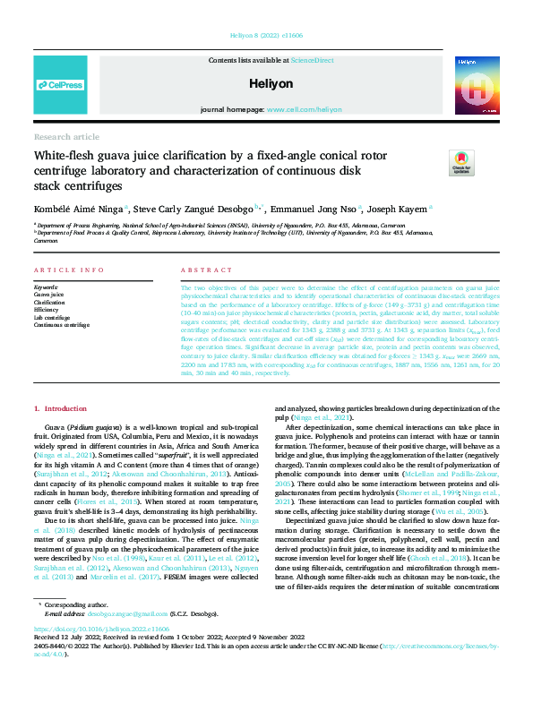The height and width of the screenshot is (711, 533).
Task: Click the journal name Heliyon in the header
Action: [x=266, y=82]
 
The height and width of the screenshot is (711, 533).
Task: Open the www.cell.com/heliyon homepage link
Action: [x=304, y=108]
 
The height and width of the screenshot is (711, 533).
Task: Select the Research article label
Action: [x=66, y=137]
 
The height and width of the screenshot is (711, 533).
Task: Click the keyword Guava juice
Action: [x=49, y=294]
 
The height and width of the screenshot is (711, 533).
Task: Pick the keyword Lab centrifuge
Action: [x=52, y=316]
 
